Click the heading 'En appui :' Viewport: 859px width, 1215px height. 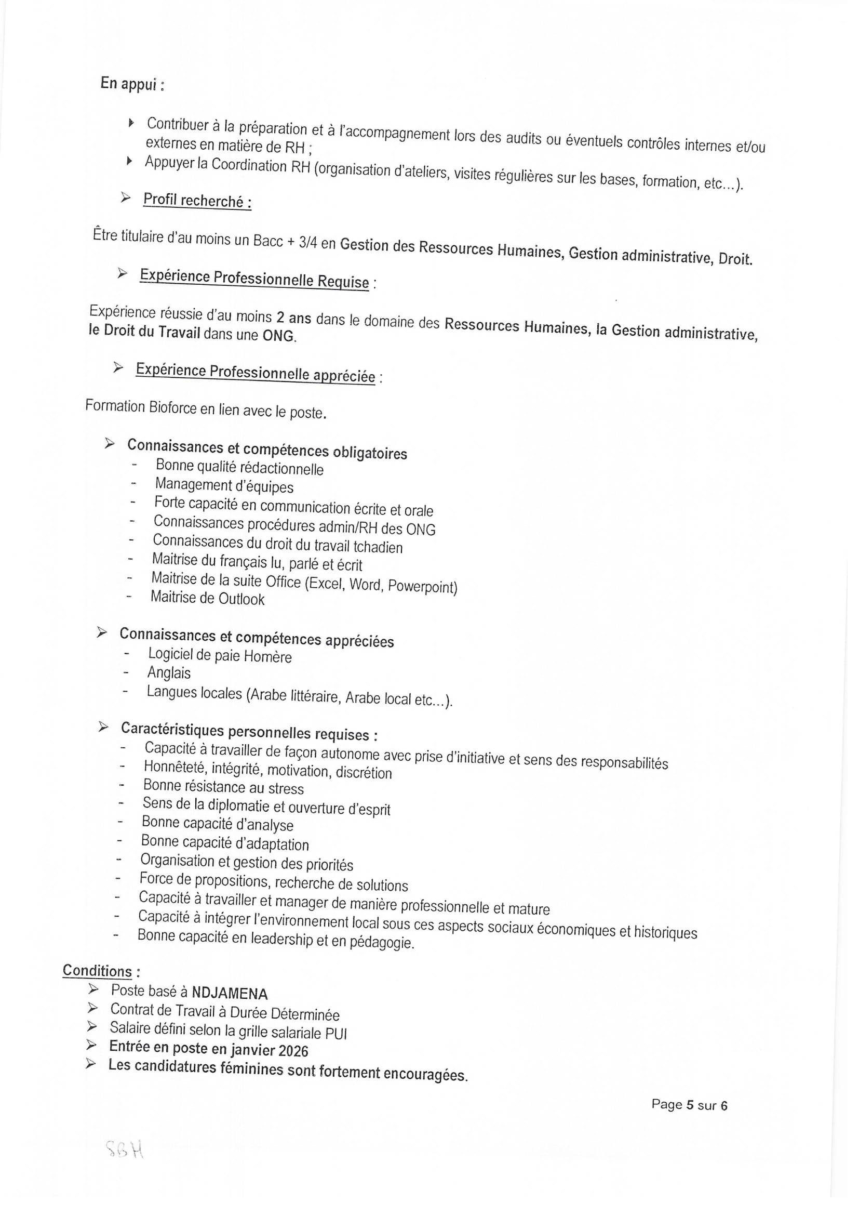(132, 84)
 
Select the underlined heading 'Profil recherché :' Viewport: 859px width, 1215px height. (197, 201)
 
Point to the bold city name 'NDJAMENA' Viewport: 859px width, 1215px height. (230, 994)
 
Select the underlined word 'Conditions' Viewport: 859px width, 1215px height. (97, 971)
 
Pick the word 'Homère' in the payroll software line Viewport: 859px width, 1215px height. (269, 657)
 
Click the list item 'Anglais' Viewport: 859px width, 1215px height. (169, 673)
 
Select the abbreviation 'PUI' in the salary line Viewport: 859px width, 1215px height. (337, 1033)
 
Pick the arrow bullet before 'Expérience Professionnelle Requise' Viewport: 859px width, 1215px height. (122, 273)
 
